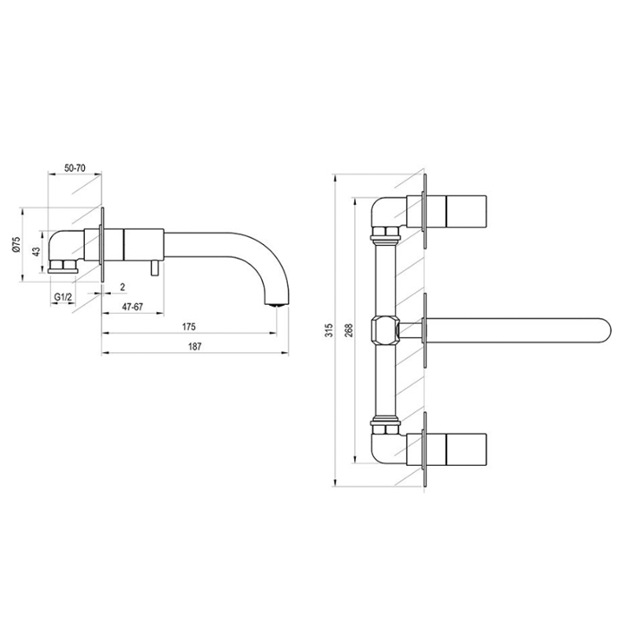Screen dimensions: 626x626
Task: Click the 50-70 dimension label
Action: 75,168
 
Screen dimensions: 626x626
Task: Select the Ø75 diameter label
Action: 16,244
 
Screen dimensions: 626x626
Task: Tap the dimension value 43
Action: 37,251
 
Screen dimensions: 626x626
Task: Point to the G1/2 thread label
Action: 63,297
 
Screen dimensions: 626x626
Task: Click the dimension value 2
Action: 123,287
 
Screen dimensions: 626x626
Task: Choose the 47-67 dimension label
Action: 132,307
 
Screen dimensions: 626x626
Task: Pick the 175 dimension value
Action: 189,327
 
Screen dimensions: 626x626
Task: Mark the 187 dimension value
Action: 195,347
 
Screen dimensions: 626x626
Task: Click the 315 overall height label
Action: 329,330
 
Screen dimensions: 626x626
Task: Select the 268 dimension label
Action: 349,330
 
